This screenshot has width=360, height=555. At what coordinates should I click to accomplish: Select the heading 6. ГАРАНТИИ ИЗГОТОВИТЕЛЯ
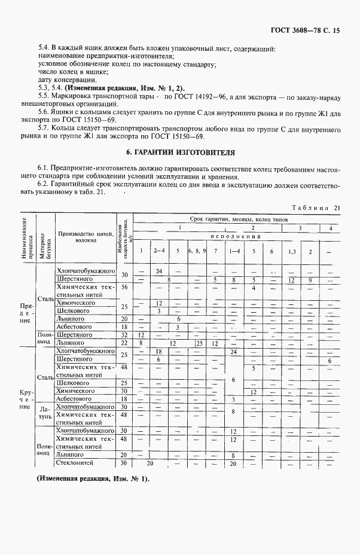tap(179, 153)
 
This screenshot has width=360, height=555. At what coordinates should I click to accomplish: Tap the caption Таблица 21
tap(315, 208)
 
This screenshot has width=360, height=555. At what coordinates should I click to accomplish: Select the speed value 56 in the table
tap(125, 287)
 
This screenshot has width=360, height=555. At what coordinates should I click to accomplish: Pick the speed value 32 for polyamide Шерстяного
tap(125, 335)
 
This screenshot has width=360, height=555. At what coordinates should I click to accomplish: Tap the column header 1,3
tap(291, 251)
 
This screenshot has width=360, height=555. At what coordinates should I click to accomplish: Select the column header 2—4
tap(160, 251)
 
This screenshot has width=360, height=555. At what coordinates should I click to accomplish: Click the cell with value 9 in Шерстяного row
tap(310, 279)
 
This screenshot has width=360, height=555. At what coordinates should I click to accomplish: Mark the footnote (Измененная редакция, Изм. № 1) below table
tap(93, 479)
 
